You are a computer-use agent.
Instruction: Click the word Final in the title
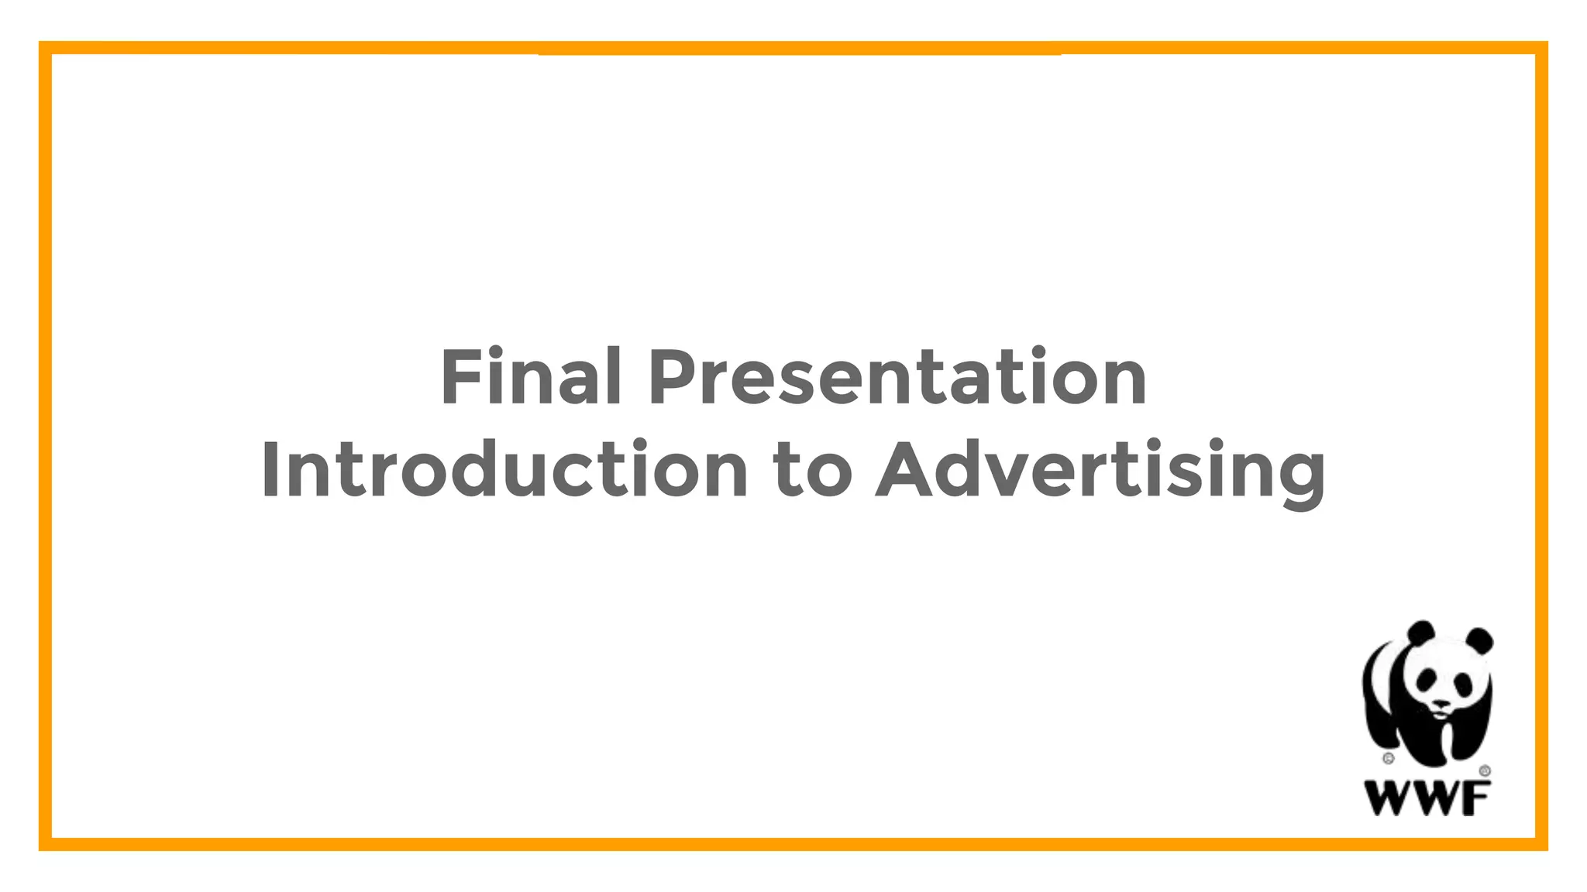coord(531,377)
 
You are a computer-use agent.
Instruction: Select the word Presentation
coord(897,377)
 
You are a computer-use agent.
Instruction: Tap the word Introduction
coord(504,470)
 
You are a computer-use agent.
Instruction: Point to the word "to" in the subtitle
coord(812,470)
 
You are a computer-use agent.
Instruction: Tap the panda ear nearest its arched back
coord(1420,633)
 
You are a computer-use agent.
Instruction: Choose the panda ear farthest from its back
coord(1481,640)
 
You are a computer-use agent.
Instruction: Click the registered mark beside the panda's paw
coord(1389,758)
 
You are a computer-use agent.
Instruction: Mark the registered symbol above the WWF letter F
coord(1485,771)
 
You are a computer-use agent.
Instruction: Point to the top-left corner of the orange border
coord(45,48)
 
